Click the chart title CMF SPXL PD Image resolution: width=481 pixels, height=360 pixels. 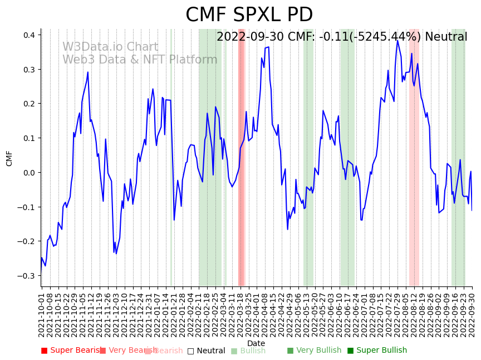(249, 15)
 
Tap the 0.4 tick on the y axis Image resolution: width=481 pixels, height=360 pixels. (28, 35)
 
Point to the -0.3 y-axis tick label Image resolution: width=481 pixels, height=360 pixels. (27, 276)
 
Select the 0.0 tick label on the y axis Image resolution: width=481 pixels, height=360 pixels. (28, 173)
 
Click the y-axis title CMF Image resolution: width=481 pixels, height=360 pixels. (9, 158)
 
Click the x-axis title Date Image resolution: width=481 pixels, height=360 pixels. (256, 343)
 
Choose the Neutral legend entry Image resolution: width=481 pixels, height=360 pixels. (206, 351)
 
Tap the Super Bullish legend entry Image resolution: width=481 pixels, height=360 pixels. (377, 351)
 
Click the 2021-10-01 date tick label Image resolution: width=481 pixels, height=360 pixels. (42, 312)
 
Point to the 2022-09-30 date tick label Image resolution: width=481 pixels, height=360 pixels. (473, 312)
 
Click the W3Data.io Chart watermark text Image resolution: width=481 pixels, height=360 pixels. (110, 47)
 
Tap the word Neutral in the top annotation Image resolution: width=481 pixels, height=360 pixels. (446, 37)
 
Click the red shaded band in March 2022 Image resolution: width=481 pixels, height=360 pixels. (241, 156)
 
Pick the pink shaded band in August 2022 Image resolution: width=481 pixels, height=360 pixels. (414, 156)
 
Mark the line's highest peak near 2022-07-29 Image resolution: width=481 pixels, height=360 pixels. (397, 40)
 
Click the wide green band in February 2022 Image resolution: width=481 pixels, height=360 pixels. (210, 156)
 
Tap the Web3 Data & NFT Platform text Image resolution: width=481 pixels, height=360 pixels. (140, 60)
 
